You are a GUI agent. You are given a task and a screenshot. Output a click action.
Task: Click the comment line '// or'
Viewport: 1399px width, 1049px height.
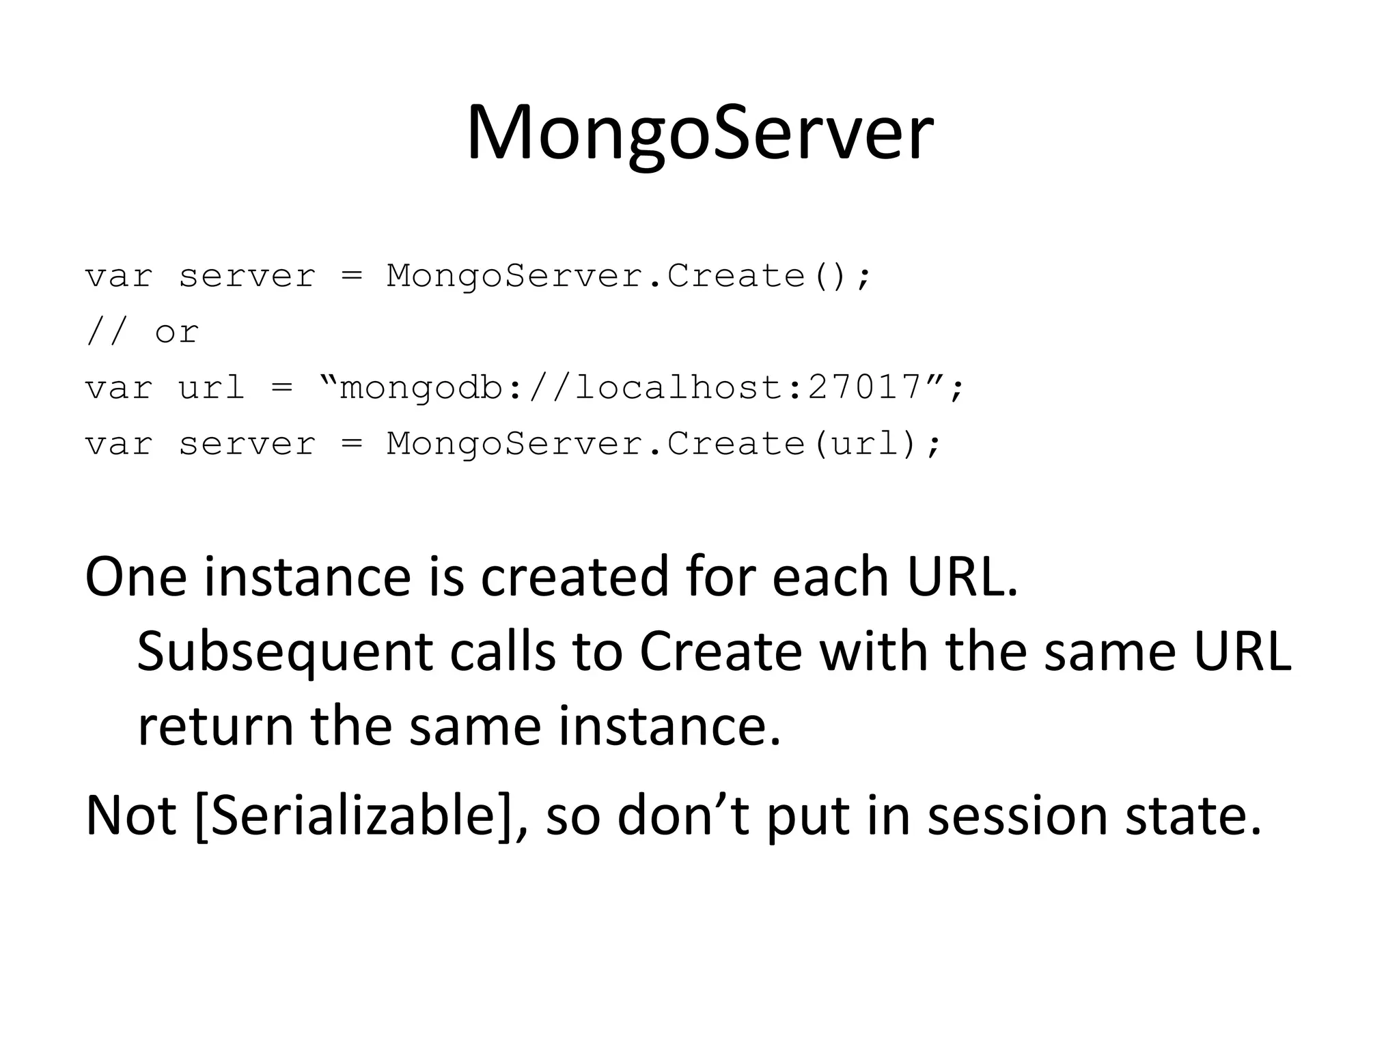(142, 333)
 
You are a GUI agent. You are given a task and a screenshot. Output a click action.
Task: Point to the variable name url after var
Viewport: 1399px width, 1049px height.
(211, 389)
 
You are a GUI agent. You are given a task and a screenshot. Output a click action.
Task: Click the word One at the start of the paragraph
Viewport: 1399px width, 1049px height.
(135, 577)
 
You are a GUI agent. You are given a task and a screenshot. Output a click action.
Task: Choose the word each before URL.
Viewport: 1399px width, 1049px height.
(830, 577)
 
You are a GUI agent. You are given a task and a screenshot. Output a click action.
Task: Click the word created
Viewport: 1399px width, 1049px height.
(574, 577)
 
